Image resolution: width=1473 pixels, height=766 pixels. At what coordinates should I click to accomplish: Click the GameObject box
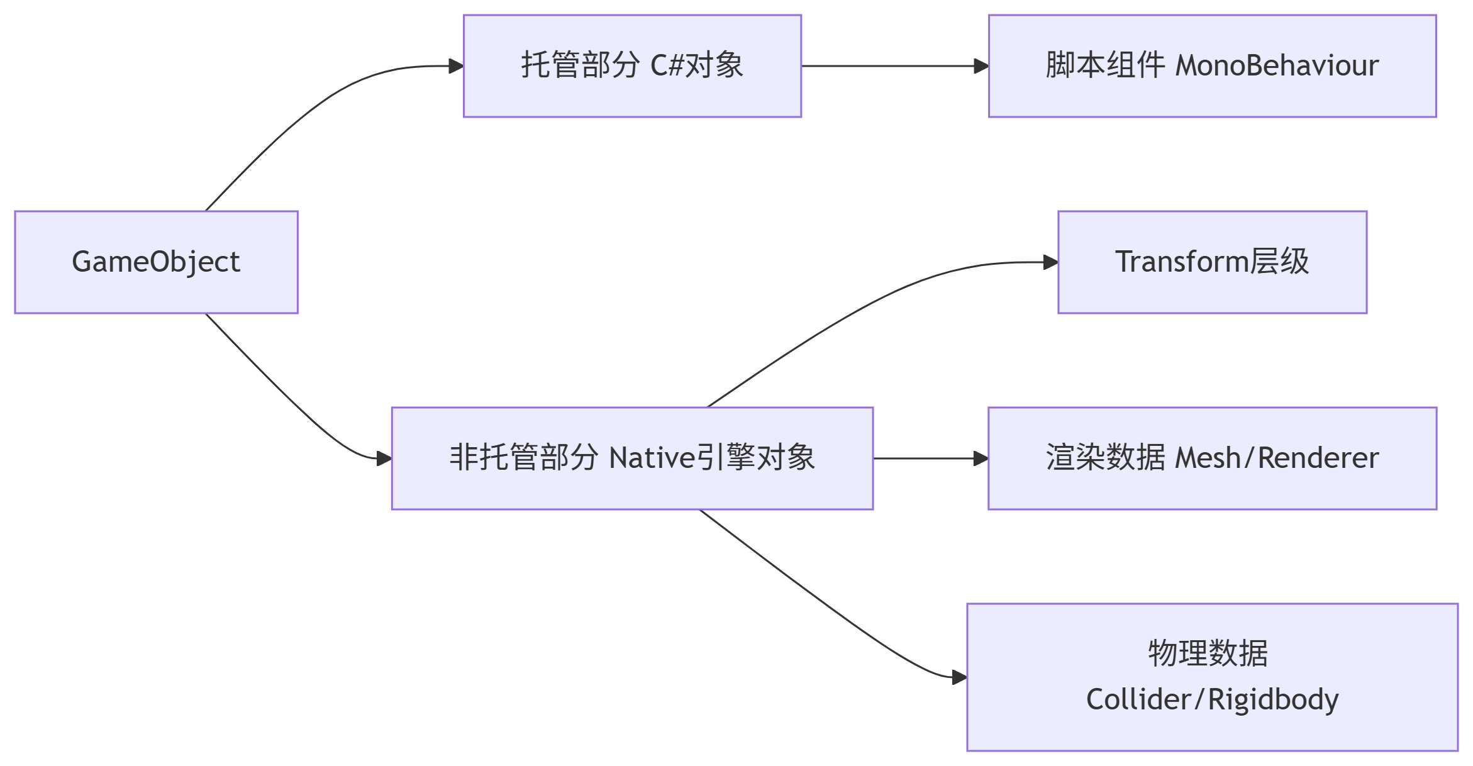(156, 262)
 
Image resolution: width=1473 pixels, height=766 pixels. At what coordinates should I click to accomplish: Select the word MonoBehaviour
(1277, 66)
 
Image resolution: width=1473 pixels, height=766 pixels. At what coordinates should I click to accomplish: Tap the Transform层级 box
(1212, 262)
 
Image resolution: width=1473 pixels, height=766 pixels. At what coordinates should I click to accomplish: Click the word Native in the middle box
(652, 458)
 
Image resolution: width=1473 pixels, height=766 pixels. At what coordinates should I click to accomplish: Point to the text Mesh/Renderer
(1276, 458)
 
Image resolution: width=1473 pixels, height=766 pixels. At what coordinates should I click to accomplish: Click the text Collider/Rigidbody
(1212, 699)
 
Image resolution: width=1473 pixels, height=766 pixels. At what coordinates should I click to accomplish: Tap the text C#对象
(696, 66)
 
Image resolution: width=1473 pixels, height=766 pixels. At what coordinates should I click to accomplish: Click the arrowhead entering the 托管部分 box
(457, 66)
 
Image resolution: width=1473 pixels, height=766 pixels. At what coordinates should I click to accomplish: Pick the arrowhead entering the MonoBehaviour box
(981, 66)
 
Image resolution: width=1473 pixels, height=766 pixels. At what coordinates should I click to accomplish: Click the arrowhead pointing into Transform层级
(1050, 262)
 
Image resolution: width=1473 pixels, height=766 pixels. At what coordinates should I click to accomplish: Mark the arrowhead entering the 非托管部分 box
(384, 458)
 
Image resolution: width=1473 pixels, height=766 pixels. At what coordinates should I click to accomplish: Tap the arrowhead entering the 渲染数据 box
(981, 458)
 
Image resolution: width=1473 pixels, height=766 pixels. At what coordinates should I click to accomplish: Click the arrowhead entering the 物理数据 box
(959, 677)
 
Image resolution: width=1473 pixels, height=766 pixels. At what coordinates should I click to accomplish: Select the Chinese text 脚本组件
(1105, 66)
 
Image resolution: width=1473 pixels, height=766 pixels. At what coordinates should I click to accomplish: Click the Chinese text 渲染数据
(1105, 458)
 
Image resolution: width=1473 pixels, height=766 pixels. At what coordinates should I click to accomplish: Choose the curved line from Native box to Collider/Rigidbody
(818, 597)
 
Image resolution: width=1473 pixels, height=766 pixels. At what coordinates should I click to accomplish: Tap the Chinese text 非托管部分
(523, 458)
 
